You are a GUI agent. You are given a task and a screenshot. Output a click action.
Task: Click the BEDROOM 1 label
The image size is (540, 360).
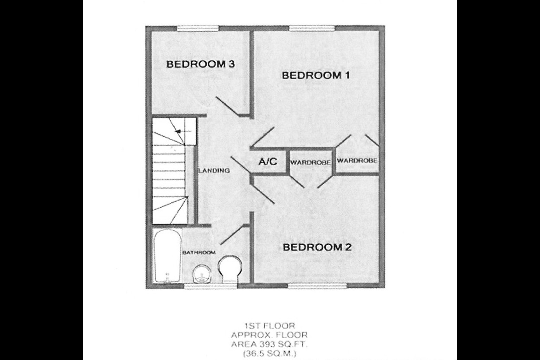click(316, 75)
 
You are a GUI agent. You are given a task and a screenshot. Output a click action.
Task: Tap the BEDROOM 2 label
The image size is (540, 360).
click(317, 247)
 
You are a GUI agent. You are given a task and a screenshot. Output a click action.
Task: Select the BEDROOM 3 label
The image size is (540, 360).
click(201, 64)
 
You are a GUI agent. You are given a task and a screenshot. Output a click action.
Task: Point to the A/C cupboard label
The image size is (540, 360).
click(268, 162)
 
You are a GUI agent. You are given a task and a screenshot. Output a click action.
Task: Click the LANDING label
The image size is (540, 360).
click(214, 171)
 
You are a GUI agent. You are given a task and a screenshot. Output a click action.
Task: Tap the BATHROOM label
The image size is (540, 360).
click(199, 252)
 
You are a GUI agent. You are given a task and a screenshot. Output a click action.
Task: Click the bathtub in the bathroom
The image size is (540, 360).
click(167, 256)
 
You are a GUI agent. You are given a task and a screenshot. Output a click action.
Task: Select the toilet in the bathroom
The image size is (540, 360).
click(230, 269)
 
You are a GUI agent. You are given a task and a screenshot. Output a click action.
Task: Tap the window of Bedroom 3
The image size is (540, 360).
click(198, 28)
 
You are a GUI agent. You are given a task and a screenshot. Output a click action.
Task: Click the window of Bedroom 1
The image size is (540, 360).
click(312, 28)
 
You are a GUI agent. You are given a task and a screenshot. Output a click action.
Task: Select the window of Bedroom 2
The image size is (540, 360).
click(317, 286)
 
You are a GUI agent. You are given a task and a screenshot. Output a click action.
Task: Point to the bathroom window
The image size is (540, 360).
click(211, 286)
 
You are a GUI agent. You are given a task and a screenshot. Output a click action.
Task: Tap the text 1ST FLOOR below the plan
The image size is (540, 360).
click(270, 326)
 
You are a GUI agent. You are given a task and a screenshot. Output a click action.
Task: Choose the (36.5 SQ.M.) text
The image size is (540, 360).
click(270, 354)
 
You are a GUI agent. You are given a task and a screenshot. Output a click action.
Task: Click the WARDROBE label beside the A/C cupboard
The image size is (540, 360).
click(310, 162)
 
